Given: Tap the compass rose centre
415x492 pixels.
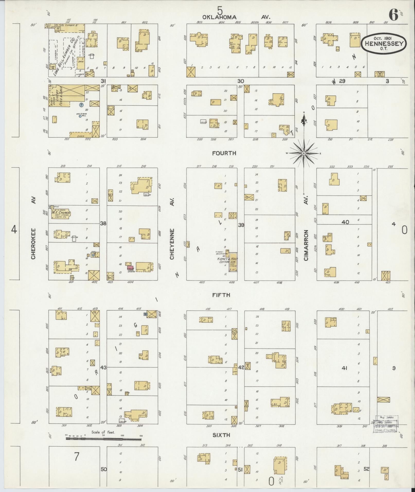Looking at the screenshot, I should tap(304, 153).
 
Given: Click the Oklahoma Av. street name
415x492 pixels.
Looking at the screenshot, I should tap(236, 17).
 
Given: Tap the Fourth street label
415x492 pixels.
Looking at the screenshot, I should tap(224, 153).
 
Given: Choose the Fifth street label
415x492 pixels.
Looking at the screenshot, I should tap(221, 295).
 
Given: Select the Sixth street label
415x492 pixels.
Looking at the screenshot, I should tap(221, 435).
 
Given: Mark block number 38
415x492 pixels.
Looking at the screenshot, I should tap(103, 223).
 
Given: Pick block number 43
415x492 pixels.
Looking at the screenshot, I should tap(103, 368).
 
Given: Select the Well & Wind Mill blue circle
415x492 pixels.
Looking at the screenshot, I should tap(80, 116).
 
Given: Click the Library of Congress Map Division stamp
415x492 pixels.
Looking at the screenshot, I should tap(386, 424).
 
